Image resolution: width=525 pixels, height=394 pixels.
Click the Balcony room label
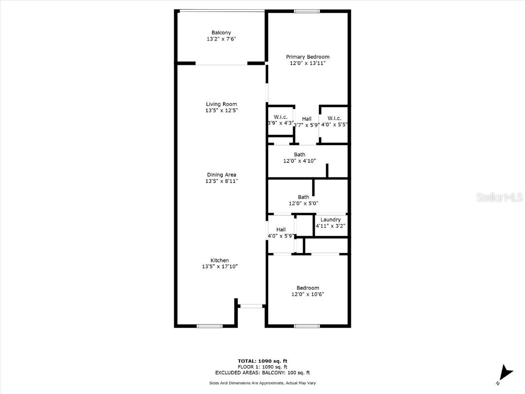[x=221, y=33]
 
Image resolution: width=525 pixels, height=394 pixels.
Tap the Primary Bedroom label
[x=308, y=57]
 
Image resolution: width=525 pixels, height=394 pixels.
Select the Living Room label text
[x=221, y=104]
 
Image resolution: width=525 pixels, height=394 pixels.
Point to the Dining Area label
[x=221, y=175]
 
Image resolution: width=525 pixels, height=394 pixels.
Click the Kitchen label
[x=219, y=260]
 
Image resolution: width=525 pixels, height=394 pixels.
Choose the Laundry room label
[x=330, y=220]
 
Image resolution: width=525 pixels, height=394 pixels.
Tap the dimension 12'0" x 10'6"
[x=308, y=294]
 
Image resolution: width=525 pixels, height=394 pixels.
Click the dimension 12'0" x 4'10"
[x=299, y=161]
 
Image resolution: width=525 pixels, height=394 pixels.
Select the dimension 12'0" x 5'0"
[x=304, y=203]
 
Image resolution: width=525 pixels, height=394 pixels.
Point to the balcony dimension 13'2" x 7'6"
[x=221, y=39]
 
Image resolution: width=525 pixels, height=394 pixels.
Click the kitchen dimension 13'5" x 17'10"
[x=219, y=266]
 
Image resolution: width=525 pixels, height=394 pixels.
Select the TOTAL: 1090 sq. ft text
[x=262, y=361]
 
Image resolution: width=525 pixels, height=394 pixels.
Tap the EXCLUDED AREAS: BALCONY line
[x=262, y=373]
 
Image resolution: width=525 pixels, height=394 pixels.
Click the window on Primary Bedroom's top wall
[x=307, y=11]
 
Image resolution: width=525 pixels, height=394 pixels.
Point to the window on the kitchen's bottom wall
[x=210, y=326]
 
